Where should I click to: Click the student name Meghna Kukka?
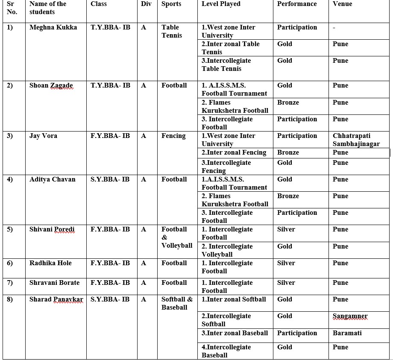(x=53, y=27)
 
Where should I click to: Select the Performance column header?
(x=297, y=4)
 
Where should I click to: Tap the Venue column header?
(x=342, y=4)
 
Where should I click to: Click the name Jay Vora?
(x=43, y=136)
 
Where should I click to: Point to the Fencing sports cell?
(x=173, y=136)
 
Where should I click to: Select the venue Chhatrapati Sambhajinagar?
(x=356, y=140)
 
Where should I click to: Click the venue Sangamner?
(x=350, y=316)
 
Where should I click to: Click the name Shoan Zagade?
(x=51, y=85)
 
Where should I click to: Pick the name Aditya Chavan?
(x=52, y=179)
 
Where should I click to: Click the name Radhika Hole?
(x=50, y=263)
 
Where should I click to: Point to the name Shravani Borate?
(x=54, y=283)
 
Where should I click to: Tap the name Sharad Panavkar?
(x=56, y=299)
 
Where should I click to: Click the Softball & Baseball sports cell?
(x=177, y=303)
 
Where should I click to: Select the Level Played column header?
(x=221, y=4)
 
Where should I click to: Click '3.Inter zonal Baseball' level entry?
(x=235, y=333)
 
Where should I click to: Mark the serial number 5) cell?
(x=10, y=229)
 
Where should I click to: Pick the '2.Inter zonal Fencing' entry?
(x=234, y=152)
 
